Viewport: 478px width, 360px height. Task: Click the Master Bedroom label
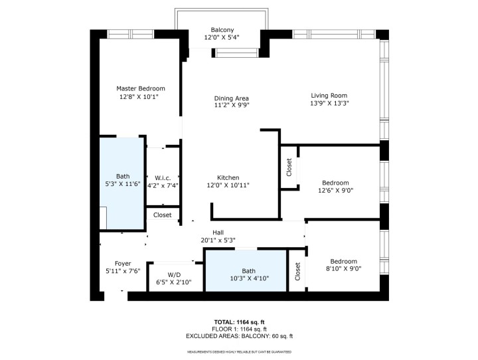click(141, 88)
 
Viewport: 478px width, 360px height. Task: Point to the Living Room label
click(329, 95)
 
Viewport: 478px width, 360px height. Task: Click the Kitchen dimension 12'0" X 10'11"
click(228, 186)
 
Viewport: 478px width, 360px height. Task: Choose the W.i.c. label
click(163, 177)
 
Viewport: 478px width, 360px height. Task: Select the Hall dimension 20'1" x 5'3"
click(217, 240)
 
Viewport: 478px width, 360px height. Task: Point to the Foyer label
click(122, 263)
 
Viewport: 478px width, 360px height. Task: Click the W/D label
click(174, 274)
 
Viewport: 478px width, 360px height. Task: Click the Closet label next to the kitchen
click(289, 168)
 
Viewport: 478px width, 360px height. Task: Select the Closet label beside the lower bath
click(297, 272)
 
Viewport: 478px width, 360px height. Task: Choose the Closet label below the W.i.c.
click(163, 215)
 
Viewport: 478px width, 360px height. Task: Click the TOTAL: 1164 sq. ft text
click(239, 321)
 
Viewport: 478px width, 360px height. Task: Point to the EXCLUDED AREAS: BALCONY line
click(239, 336)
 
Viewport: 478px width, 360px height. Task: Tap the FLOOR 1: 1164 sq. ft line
click(239, 329)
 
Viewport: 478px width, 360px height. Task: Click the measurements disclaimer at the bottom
click(239, 351)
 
